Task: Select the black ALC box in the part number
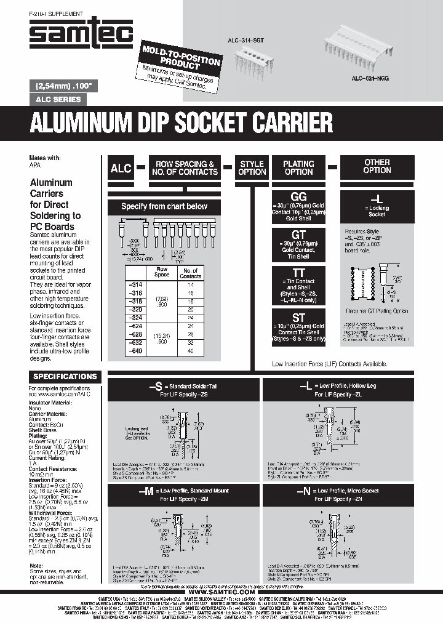click(x=121, y=168)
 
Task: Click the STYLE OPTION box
click(x=252, y=168)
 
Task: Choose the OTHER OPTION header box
click(x=377, y=166)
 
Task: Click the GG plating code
click(x=298, y=196)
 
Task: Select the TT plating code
click(x=298, y=273)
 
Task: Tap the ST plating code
click(x=298, y=316)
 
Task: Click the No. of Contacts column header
click(x=190, y=273)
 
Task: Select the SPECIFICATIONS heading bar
click(x=65, y=376)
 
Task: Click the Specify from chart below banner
click(x=164, y=206)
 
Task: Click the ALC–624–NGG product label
click(x=370, y=79)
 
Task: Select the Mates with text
click(x=45, y=157)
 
